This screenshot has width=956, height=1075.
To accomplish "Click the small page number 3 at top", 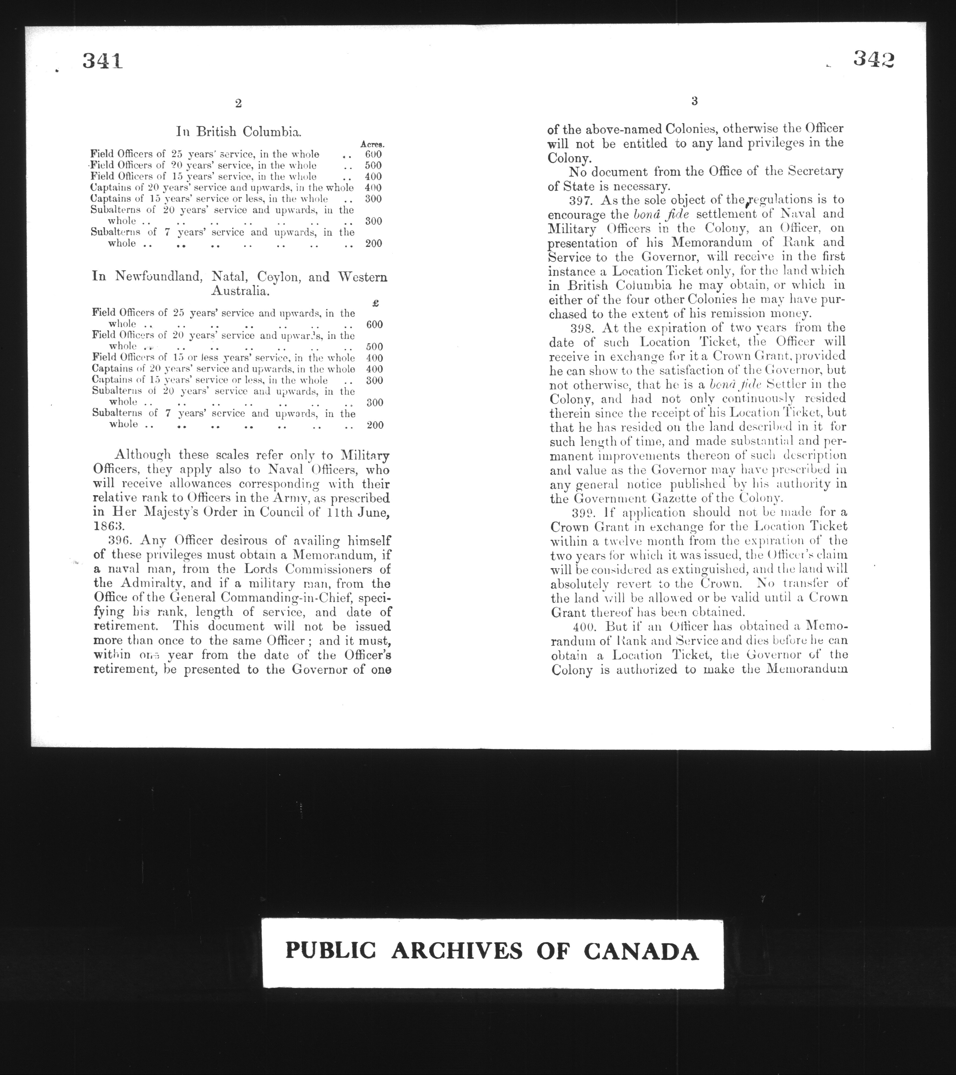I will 694,102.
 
